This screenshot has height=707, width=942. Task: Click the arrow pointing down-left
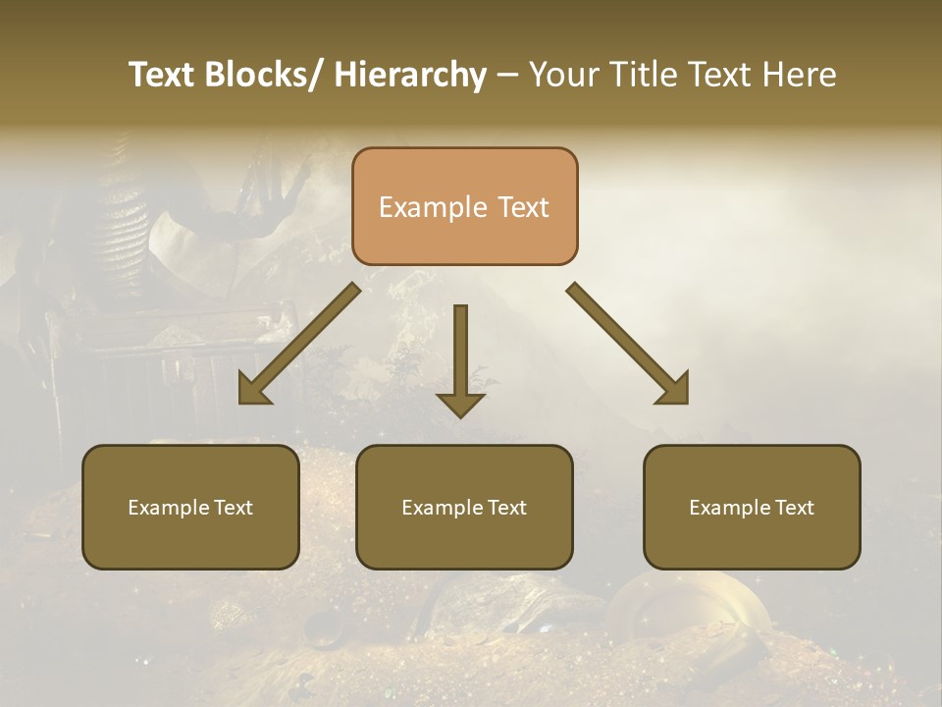[x=299, y=344]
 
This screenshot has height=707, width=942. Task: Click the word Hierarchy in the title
[x=410, y=75]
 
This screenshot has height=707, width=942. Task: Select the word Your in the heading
[x=563, y=75]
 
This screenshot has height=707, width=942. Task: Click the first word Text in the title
[x=162, y=75]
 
